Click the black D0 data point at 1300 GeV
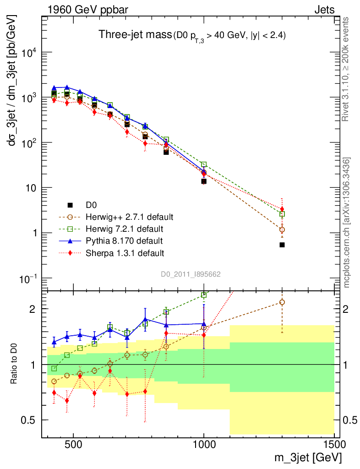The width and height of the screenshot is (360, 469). (282, 245)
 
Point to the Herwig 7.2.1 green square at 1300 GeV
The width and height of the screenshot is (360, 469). (282, 214)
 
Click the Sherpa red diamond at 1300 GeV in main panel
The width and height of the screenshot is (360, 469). (282, 209)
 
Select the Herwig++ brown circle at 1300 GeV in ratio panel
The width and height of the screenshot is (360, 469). (282, 302)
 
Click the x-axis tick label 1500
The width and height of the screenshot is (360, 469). (334, 444)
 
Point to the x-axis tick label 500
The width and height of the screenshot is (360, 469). (73, 444)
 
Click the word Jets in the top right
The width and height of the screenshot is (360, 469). (324, 10)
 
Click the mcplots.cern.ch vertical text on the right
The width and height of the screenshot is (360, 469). (347, 222)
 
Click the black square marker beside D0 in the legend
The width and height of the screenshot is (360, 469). (70, 204)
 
